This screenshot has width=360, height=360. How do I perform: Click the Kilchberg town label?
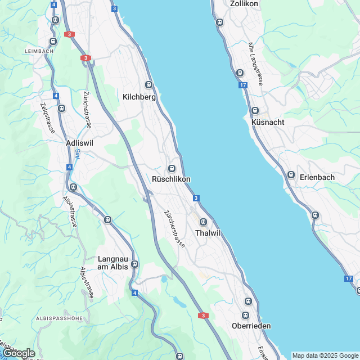pos(139,97)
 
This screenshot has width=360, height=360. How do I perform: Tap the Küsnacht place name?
pos(268,122)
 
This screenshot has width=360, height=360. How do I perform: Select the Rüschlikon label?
pos(171,179)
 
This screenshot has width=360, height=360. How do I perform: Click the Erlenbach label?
pos(317,177)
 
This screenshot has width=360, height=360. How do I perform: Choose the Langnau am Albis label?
pos(112,263)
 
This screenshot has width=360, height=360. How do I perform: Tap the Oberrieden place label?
pos(251,326)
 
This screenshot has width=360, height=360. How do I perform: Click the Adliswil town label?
pos(79,143)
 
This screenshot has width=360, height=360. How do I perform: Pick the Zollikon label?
pos(244,3)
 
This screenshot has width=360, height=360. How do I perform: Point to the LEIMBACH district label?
pos(39,51)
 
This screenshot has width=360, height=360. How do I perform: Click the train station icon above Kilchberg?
pos(148,85)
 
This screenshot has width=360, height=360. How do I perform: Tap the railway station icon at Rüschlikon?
pos(172,169)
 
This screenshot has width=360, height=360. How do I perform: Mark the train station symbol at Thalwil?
pos(204,222)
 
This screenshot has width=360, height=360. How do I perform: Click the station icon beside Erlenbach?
pos(291,174)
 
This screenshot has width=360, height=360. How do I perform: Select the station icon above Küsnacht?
pos(255,111)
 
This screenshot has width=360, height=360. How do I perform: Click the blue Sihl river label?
pos(78,153)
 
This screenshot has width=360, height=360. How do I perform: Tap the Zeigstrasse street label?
pos(47,118)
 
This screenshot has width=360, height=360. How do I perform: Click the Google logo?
pos(19,353)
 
